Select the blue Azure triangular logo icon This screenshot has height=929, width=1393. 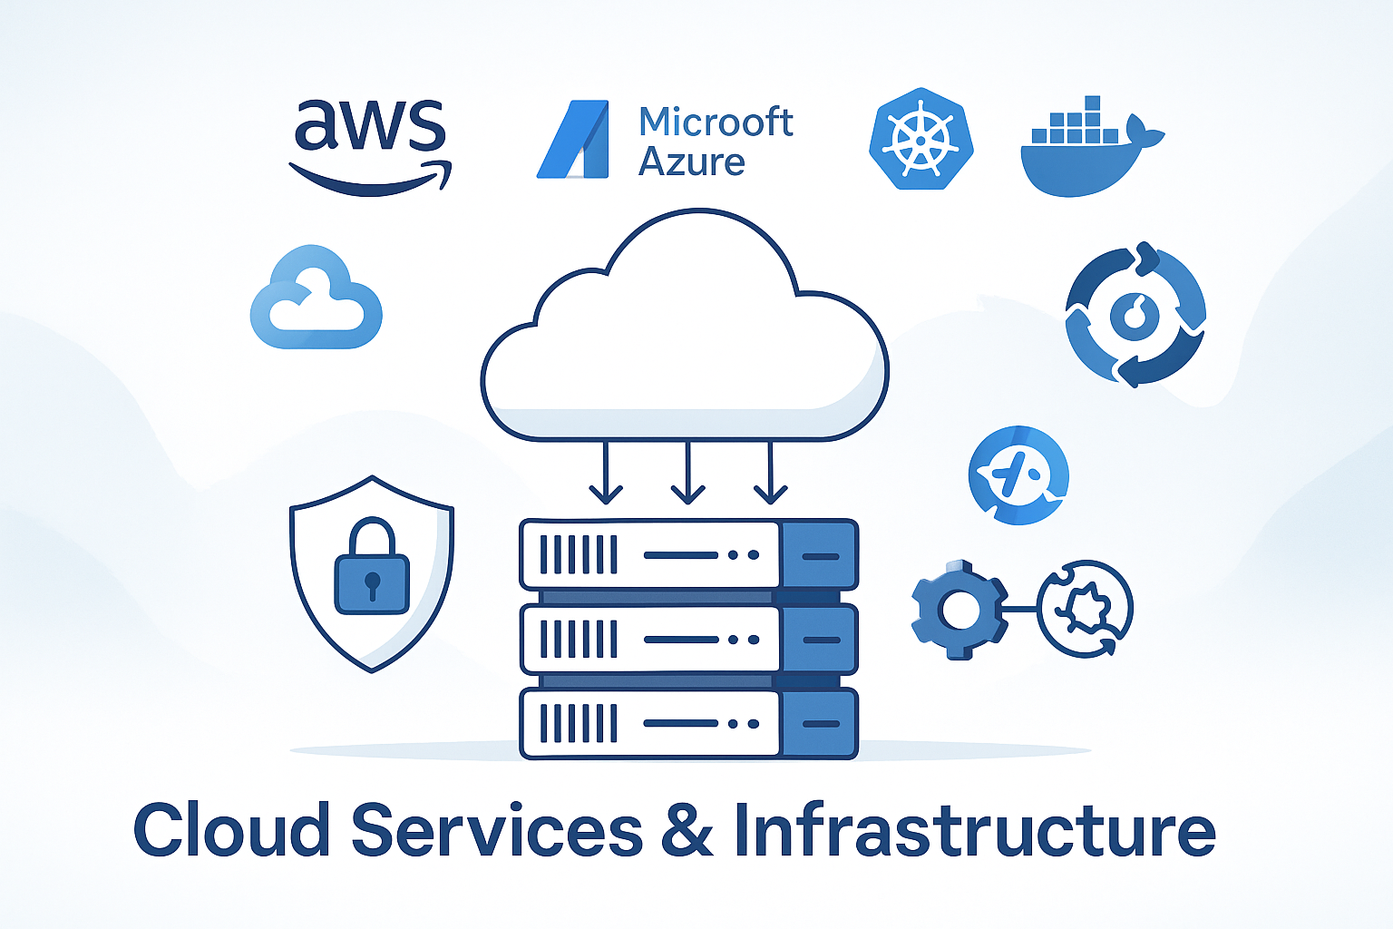point(572,140)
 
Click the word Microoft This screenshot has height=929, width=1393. point(716,122)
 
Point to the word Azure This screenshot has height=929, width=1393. point(691,162)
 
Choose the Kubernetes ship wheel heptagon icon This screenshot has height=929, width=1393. point(921,140)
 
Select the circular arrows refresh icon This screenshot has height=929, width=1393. point(1135,314)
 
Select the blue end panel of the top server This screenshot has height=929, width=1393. point(819,555)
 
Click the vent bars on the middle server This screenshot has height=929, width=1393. point(579,640)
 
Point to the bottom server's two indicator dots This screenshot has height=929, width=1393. point(744,724)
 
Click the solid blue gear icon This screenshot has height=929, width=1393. point(959,610)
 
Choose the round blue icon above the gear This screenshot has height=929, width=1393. point(1018,475)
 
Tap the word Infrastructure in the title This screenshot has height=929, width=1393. point(974,830)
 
